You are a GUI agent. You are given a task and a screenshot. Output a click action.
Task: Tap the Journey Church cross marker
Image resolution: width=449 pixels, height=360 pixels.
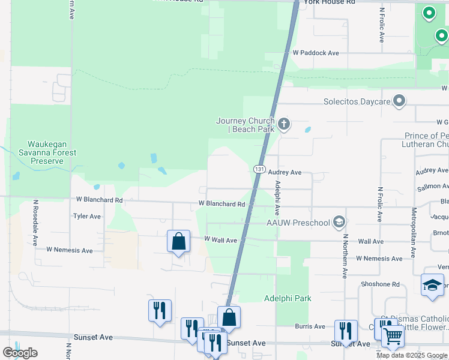284,124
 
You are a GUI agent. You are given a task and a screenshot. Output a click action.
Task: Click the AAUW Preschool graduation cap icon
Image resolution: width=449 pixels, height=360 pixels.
339,223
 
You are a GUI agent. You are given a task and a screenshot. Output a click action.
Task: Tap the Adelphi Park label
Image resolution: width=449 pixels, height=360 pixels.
288,298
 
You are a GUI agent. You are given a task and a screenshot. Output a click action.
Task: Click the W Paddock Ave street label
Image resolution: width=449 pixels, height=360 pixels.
316,53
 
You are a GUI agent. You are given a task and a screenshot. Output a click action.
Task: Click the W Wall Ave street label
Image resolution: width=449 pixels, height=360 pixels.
220,240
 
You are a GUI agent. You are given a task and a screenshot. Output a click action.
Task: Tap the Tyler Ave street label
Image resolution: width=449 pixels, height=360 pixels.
87,216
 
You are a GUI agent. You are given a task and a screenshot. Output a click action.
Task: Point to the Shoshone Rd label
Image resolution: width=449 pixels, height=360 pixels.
380,284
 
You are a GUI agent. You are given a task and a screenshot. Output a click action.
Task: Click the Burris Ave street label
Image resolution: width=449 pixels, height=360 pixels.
310,326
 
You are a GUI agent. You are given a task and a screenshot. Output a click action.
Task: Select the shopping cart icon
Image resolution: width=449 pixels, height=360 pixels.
393,337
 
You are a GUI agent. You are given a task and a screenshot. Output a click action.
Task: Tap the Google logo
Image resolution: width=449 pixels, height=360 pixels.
20,353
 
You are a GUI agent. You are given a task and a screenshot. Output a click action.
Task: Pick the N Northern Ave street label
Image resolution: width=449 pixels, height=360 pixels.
345,255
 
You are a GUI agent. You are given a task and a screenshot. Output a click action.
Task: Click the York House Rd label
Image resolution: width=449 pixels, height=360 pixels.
330,2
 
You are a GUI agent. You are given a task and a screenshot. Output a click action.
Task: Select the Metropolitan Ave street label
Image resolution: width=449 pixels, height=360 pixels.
414,223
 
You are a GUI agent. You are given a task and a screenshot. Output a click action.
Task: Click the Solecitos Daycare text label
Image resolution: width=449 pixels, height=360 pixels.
357,101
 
